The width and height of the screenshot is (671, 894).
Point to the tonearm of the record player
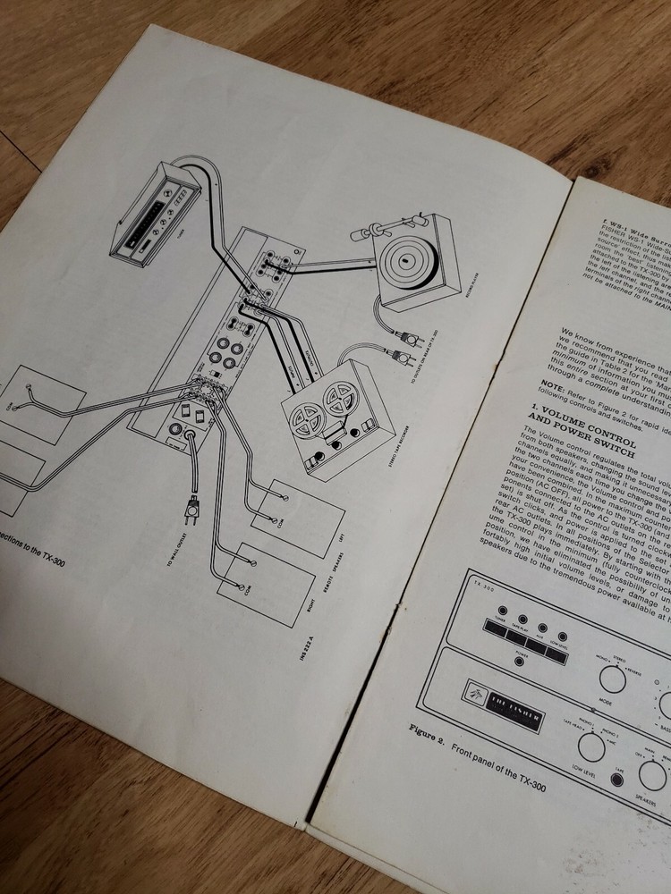point(386,223)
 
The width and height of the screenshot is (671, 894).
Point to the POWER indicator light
point(520,658)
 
